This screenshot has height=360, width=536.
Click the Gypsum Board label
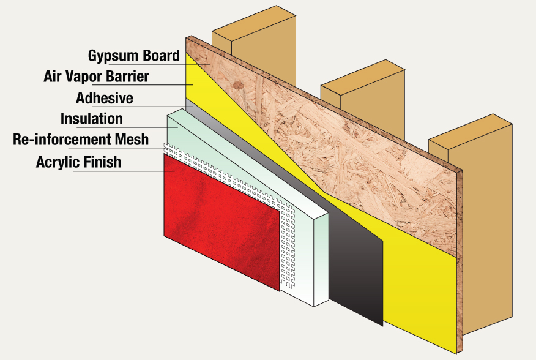(x=133, y=56)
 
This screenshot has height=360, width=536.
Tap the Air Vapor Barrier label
(x=97, y=77)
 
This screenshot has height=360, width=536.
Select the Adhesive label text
(x=105, y=97)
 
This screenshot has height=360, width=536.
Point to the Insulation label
(x=92, y=118)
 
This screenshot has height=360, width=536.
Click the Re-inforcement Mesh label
(x=81, y=140)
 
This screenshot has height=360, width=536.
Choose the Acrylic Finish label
(x=79, y=162)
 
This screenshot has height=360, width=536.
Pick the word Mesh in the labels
(x=134, y=140)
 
